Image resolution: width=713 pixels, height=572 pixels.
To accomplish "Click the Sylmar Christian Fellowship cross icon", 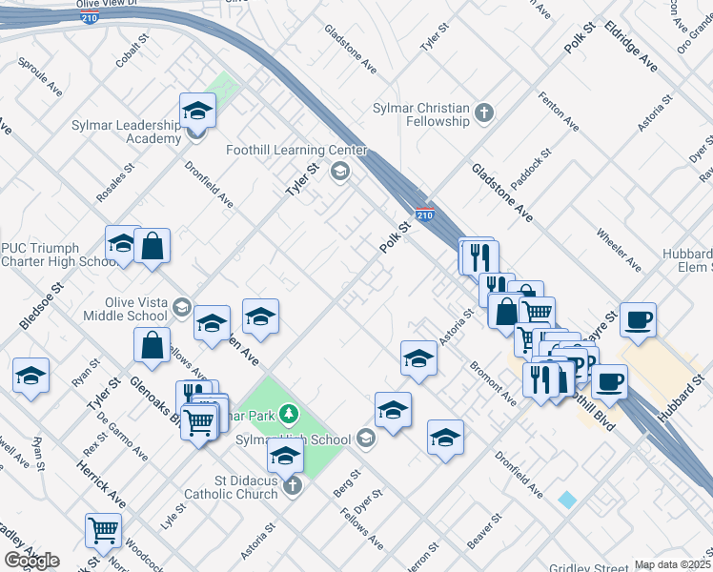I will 484,113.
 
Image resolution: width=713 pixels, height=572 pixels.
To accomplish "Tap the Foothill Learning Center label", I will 295,151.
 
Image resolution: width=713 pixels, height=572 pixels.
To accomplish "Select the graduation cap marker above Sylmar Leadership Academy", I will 197,111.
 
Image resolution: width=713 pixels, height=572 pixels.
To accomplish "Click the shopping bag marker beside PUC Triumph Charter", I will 152,247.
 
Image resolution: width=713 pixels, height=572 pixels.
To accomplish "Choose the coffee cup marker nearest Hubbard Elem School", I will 638,319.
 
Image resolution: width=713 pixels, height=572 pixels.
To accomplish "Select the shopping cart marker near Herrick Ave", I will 103,530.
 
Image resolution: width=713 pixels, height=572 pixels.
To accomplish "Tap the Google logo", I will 31,560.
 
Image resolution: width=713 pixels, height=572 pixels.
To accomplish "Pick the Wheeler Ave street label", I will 618,245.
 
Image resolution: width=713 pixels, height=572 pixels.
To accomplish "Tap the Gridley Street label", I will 585,568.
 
